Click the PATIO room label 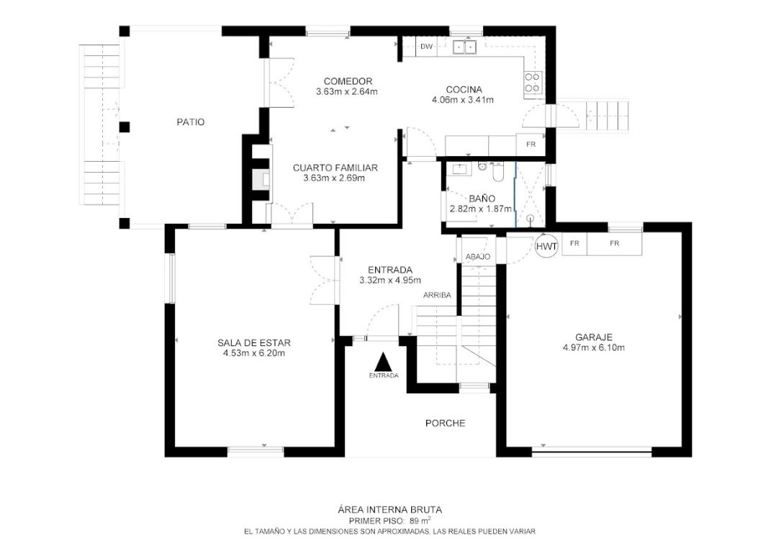pos(191,122)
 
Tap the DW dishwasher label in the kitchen pos(426,47)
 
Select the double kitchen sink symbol pos(465,47)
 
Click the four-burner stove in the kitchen pos(533,83)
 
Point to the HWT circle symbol pos(546,246)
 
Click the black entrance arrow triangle pos(383,361)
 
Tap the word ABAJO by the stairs pos(478,257)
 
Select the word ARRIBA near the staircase pos(437,295)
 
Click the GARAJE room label pos(593,338)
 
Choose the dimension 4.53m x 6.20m pos(254,353)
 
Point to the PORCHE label pos(445,424)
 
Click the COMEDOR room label pos(348,81)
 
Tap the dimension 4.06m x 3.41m pos(463,100)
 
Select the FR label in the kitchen pos(531,145)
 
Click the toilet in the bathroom pos(497,171)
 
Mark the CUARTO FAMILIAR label pos(335,168)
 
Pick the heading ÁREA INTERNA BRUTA pos(390,510)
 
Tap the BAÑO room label pos(482,199)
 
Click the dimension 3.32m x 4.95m pos(390,280)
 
